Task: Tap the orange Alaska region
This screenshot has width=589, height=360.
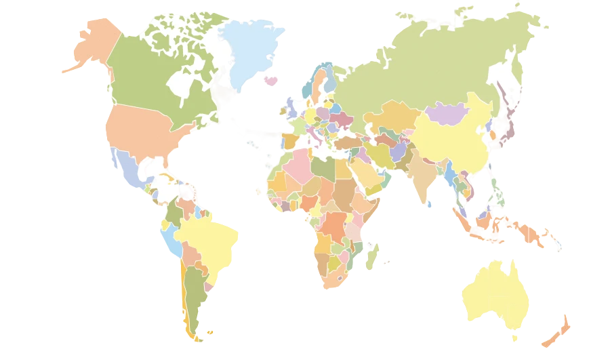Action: click(x=92, y=44)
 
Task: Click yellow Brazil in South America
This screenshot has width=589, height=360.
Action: click(x=210, y=237)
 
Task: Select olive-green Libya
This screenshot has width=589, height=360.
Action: click(x=325, y=167)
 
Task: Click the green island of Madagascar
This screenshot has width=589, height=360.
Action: click(x=371, y=258)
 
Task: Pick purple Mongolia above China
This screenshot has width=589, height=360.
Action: click(x=447, y=113)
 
